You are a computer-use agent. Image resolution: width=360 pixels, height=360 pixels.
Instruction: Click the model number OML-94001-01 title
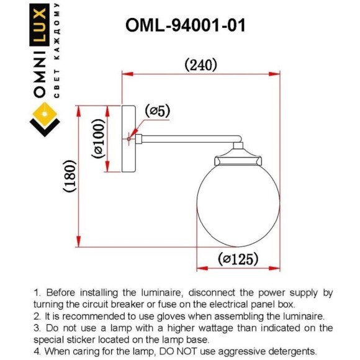coord(186,25)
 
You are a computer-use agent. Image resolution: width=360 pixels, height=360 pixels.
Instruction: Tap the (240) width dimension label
coord(200,64)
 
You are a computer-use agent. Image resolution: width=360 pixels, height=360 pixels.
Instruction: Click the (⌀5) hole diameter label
coord(157,111)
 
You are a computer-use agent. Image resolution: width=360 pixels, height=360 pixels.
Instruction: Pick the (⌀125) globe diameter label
coord(239,259)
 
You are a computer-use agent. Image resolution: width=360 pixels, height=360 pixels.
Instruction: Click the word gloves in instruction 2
coord(169,315)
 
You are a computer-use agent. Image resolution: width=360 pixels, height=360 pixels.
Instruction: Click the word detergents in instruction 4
coord(293,351)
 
